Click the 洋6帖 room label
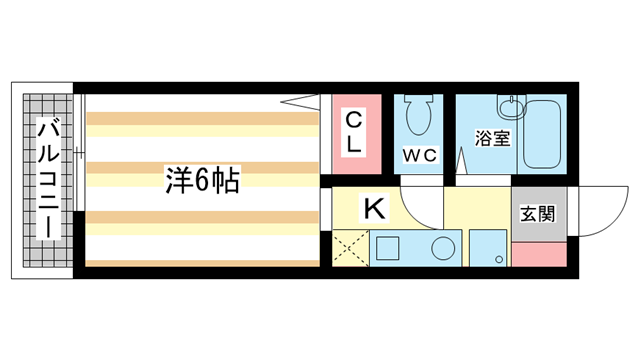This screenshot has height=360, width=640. coord(202,180)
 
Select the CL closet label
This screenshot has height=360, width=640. coord(354,132)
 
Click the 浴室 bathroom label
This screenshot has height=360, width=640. coord(492,138)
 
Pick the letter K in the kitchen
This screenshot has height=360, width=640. coord(373,209)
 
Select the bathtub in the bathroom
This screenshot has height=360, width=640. coord(544,135)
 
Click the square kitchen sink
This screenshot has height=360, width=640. coord(387,248)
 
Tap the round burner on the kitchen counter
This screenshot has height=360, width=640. coord(439,248)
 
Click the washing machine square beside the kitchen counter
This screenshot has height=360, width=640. coord(489,250)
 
